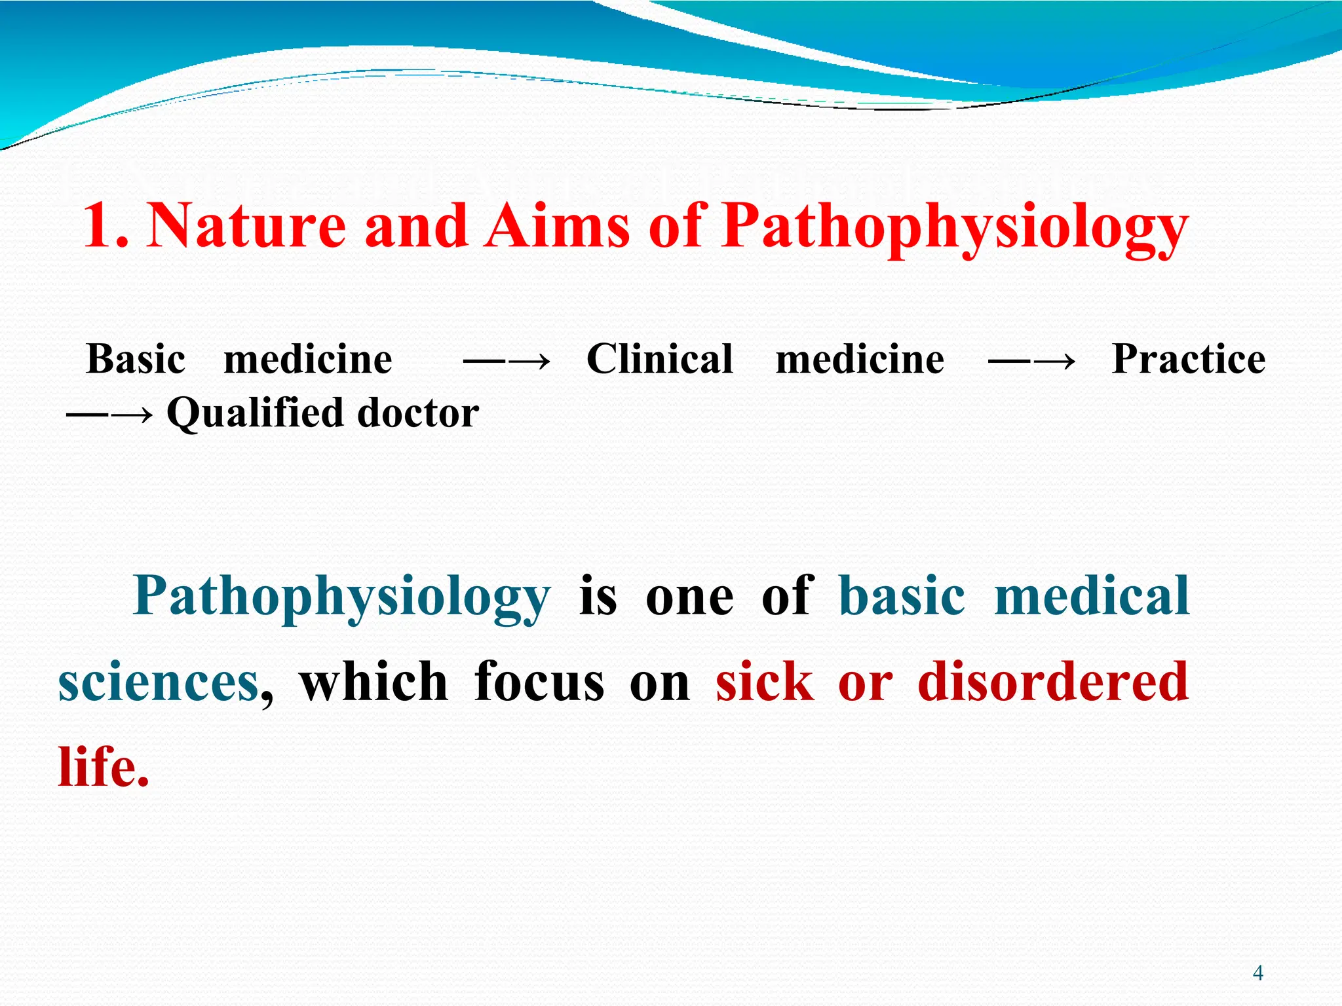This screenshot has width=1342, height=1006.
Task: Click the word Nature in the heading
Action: click(246, 226)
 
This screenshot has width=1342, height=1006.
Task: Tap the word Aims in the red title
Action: click(556, 226)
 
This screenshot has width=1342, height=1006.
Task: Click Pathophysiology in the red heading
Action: click(954, 226)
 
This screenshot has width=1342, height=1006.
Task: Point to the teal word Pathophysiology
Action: click(341, 596)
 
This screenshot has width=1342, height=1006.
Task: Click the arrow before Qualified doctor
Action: click(109, 415)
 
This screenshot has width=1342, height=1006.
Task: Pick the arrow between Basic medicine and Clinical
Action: click(506, 361)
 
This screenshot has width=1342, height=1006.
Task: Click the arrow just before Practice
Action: click(1031, 361)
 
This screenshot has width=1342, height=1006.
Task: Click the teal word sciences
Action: click(159, 682)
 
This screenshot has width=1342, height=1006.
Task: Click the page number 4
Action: click(1257, 973)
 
